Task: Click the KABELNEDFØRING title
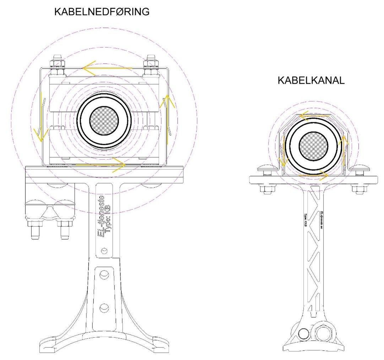tap(101, 12)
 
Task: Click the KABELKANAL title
tap(311, 81)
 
